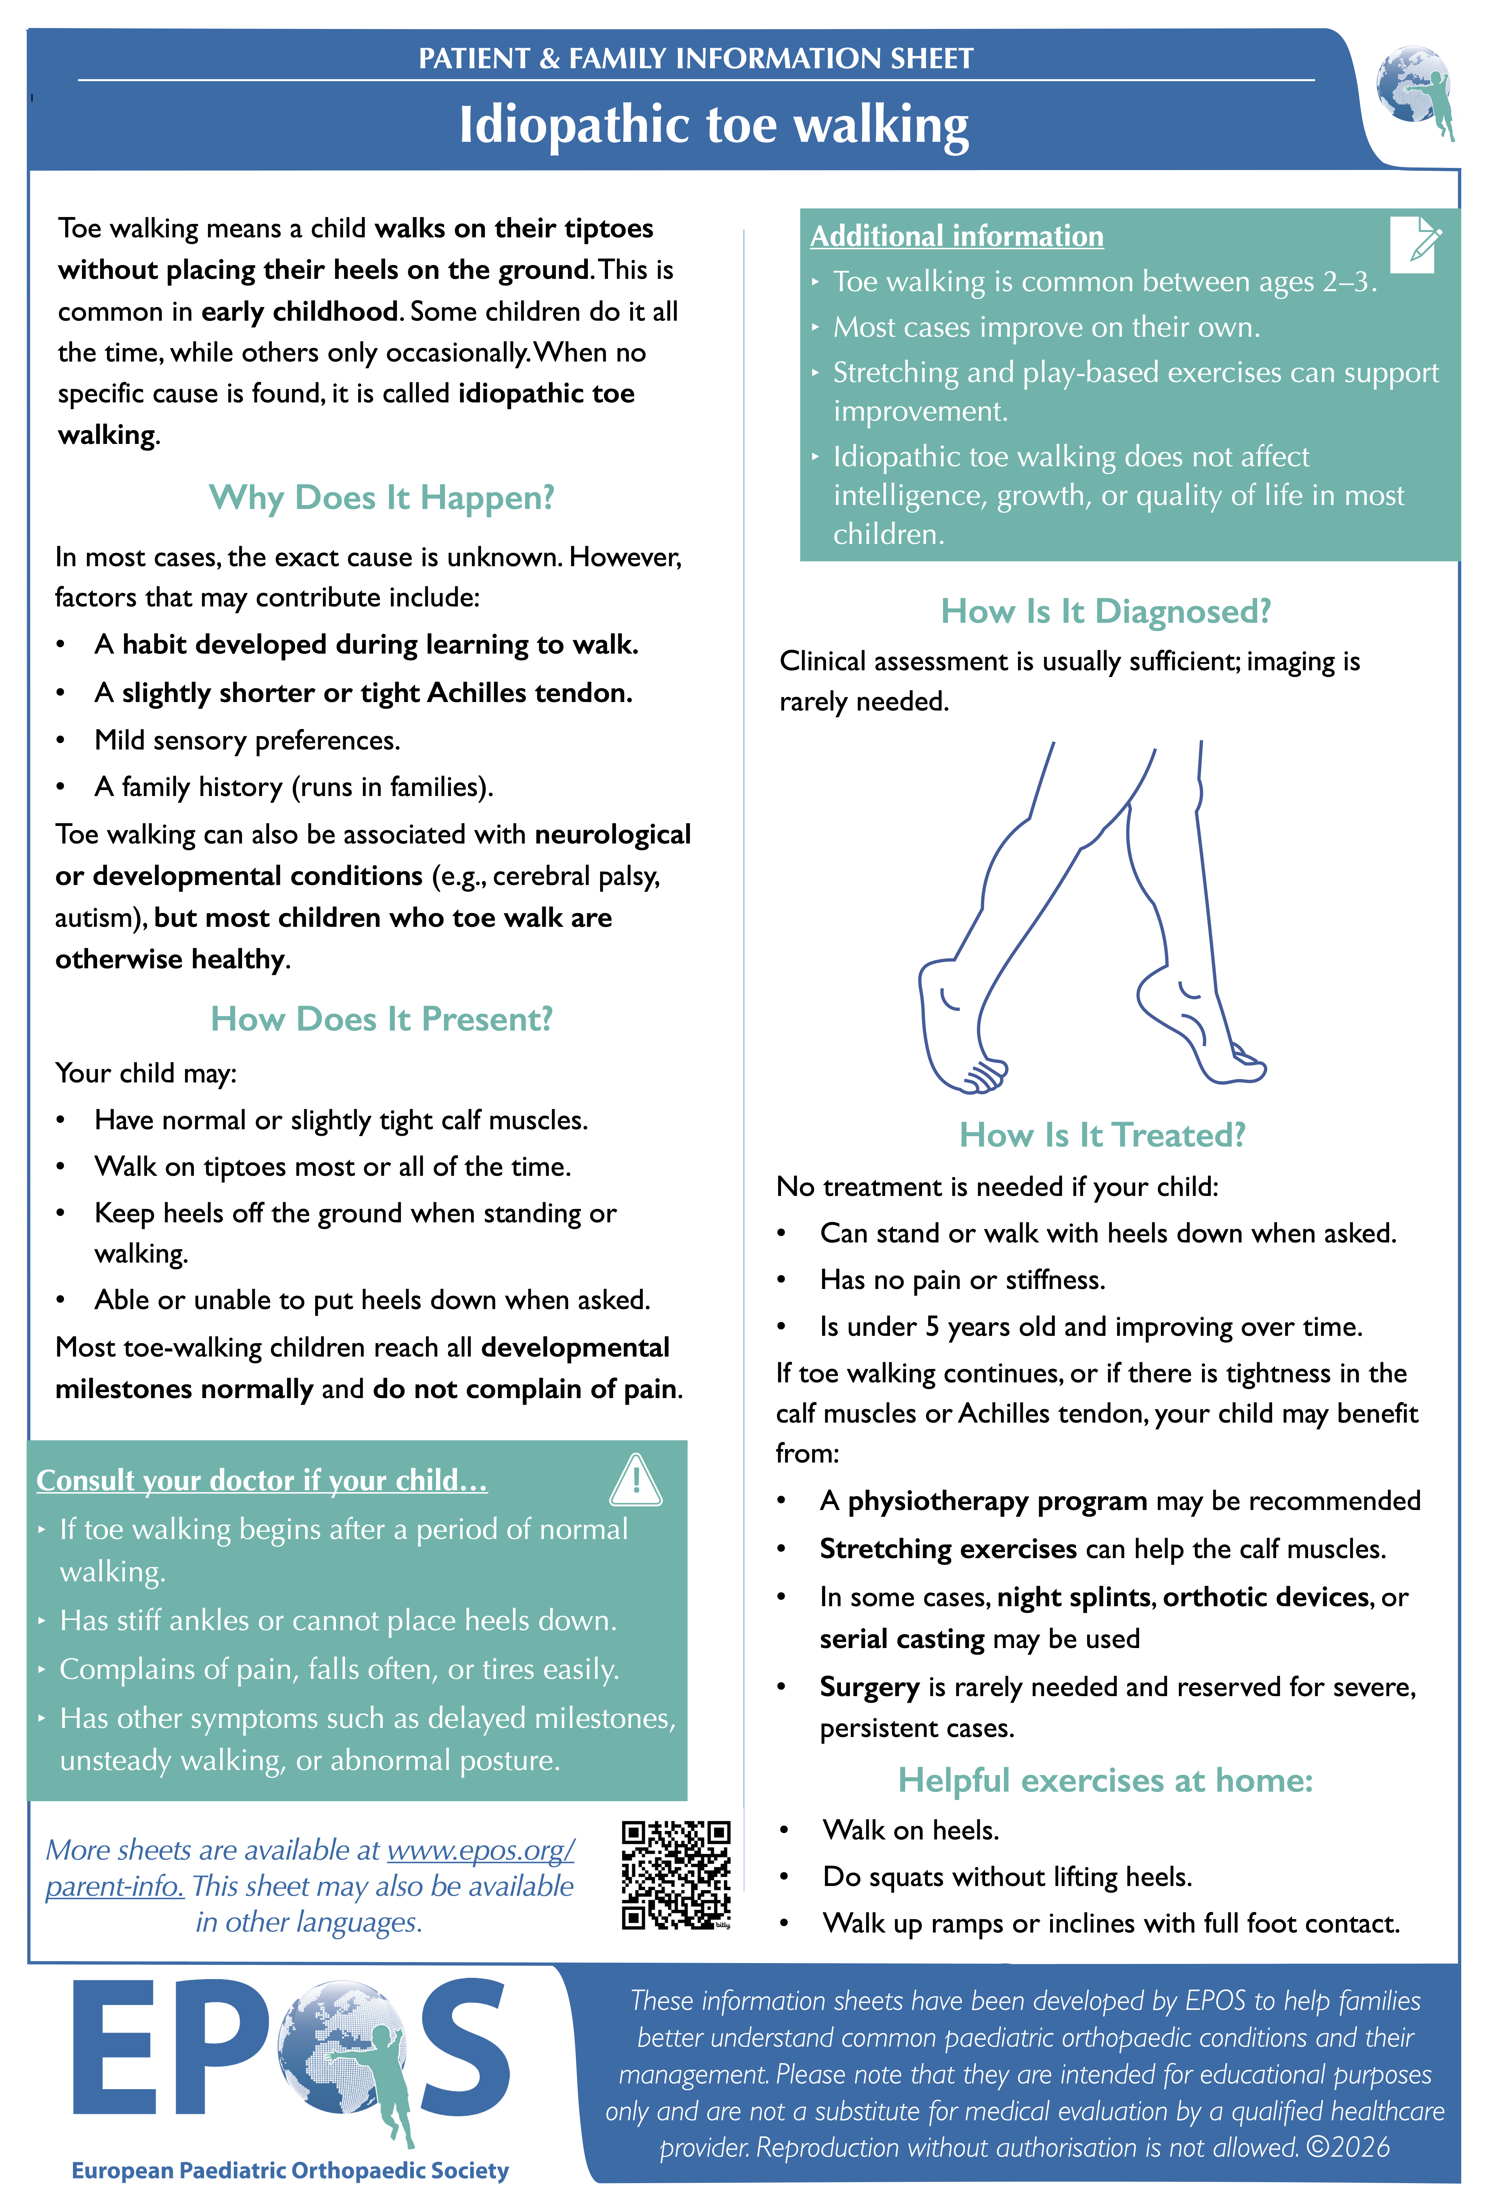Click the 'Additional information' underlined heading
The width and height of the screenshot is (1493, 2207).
(x=956, y=236)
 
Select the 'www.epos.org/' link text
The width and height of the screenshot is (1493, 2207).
(x=481, y=1850)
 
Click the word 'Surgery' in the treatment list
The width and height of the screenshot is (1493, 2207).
(x=869, y=1687)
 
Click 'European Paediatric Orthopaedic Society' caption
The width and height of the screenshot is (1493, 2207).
(x=290, y=2170)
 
